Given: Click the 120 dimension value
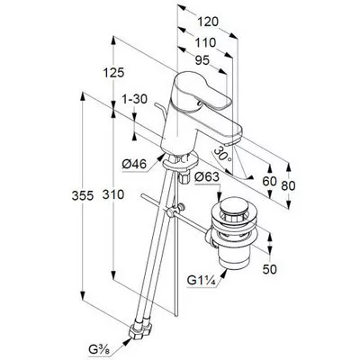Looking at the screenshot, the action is click(208, 22).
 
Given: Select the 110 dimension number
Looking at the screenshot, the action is click(205, 42).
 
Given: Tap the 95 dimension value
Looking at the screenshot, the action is click(202, 61).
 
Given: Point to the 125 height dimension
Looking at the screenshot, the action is click(113, 73).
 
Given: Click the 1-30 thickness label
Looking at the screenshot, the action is click(135, 99).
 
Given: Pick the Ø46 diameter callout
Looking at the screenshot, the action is click(134, 164).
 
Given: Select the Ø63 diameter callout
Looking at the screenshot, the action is click(207, 177).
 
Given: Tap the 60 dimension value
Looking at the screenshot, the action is click(269, 181).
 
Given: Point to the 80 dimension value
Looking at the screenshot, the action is click(288, 186).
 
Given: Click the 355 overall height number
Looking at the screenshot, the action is click(83, 195).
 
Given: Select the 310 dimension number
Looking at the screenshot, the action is click(113, 194).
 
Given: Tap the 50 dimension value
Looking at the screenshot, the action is click(270, 269).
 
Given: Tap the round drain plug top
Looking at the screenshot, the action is click(233, 207).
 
